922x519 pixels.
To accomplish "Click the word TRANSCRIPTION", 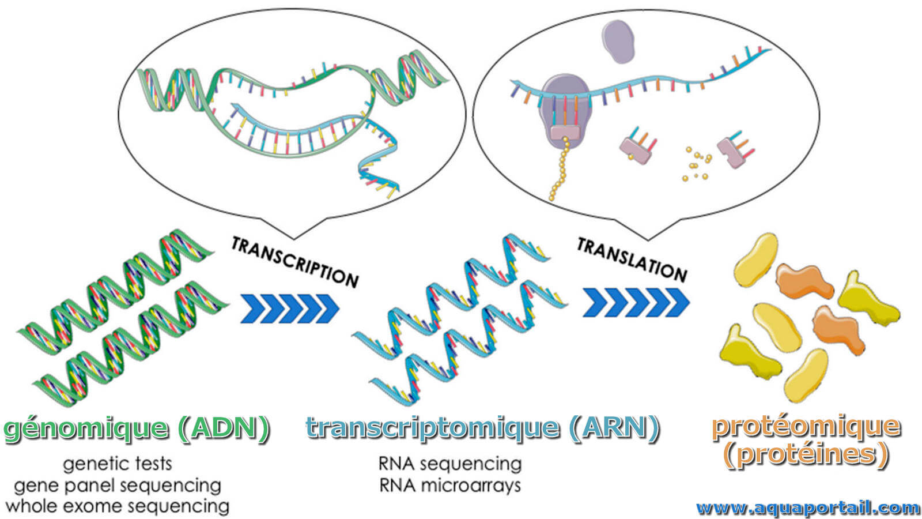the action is [x=294, y=262].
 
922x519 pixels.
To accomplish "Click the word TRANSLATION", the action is [x=632, y=259].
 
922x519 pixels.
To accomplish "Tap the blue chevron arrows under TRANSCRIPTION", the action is [x=290, y=309].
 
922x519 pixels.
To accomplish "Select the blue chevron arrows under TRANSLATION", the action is [x=636, y=302].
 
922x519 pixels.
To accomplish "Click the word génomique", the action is [x=86, y=429].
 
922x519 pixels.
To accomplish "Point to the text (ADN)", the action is [x=224, y=428].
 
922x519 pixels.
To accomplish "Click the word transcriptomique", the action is [x=433, y=428].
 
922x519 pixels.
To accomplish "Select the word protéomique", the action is [x=806, y=427].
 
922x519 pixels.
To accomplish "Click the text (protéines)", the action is [x=806, y=455].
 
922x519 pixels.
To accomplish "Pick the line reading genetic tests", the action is [x=118, y=465].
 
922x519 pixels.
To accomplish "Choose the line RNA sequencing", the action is [x=450, y=464].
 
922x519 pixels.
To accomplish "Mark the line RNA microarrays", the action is [x=450, y=485].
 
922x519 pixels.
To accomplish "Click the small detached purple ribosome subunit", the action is [x=618, y=42].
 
